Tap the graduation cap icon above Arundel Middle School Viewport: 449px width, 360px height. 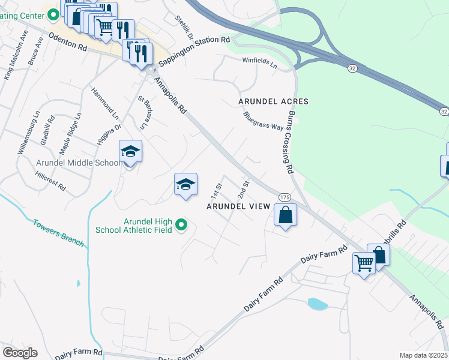pos(130,151)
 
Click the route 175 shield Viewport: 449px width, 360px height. pos(285,197)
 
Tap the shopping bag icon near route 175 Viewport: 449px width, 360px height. pos(286,214)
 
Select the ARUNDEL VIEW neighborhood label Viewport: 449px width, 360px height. pos(238,206)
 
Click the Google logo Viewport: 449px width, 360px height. pos(20,353)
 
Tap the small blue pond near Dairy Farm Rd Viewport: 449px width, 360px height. pos(317,304)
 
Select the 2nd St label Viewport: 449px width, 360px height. pos(243,189)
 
